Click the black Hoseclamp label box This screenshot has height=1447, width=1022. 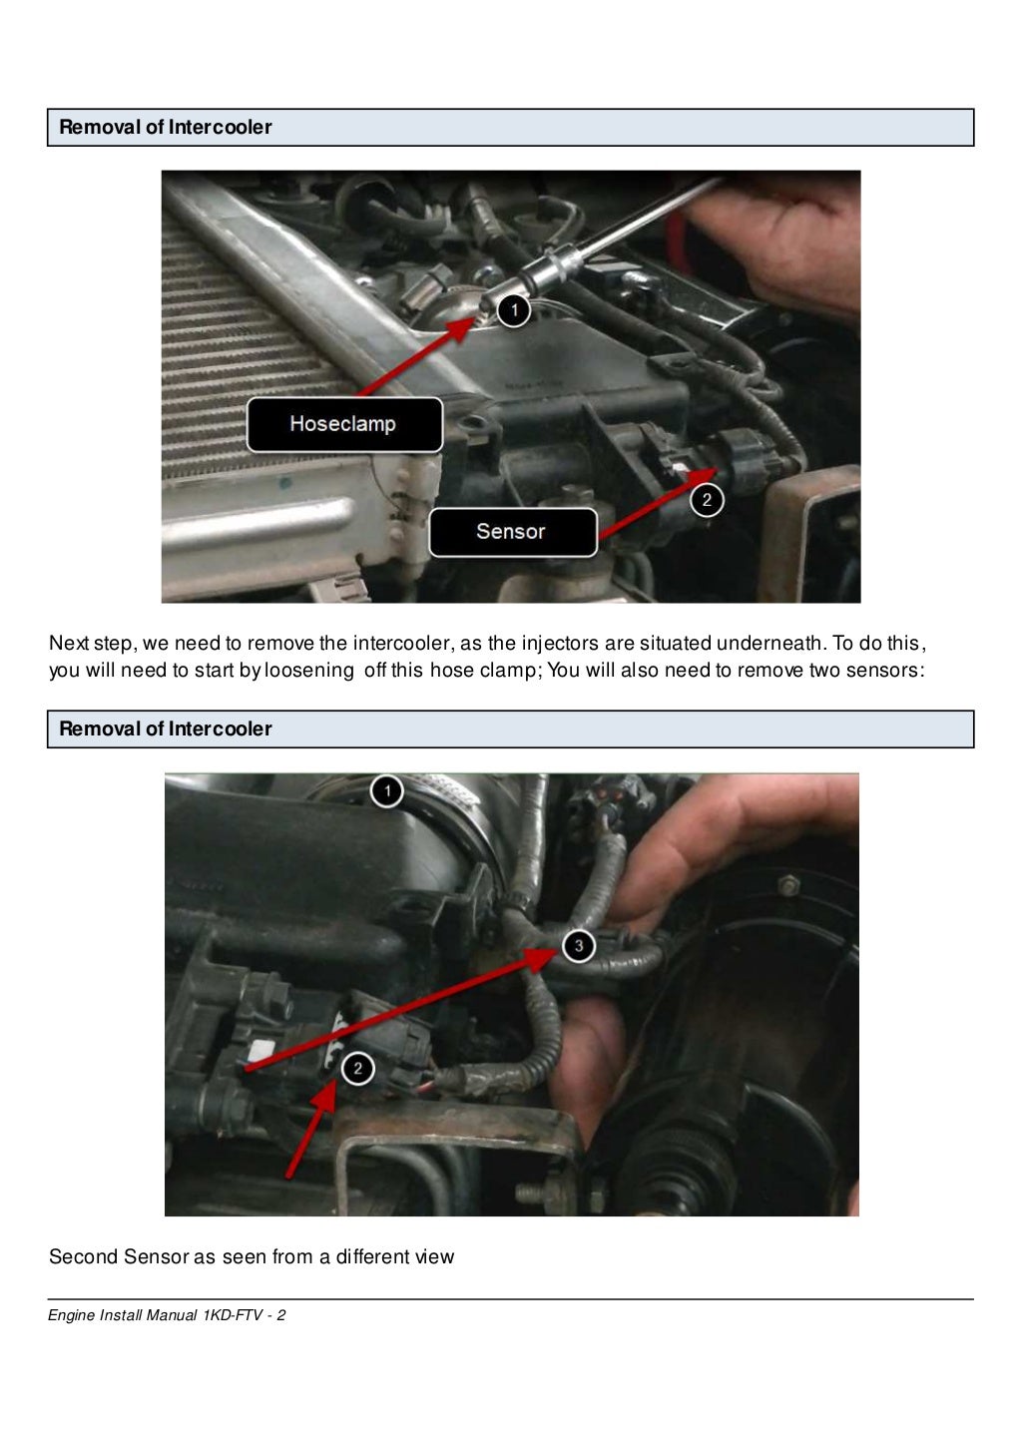point(344,424)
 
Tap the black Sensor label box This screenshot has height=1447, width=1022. point(512,532)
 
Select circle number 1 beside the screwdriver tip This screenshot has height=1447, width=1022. point(514,310)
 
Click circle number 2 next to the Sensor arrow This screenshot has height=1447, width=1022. point(707,500)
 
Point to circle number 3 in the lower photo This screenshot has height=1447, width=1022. point(578,945)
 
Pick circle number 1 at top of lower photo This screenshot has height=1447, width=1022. point(387,791)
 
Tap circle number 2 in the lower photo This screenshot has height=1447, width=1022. point(357,1069)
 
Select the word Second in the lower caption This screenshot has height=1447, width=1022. point(83,1256)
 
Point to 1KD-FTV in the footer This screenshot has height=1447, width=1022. point(232,1315)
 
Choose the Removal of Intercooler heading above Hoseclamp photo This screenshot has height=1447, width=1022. point(166,128)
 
